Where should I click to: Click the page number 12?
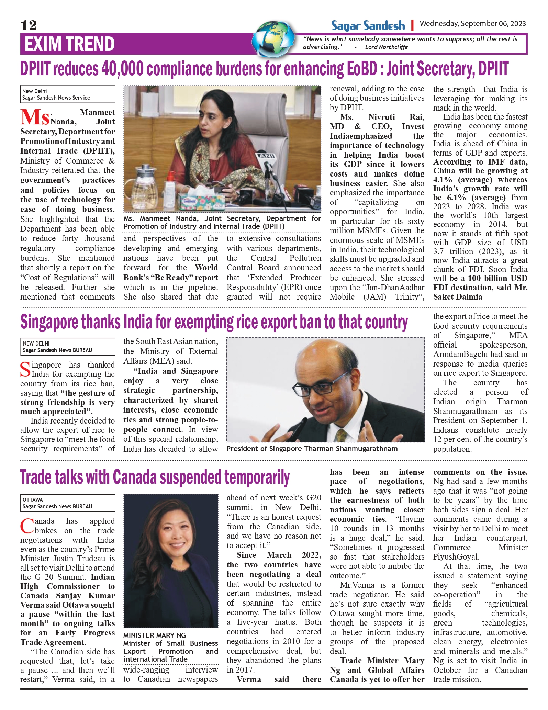click(x=29, y=25)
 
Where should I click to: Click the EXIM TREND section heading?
click(x=69, y=44)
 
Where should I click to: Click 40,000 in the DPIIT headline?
click(x=122, y=69)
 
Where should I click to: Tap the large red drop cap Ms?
click(x=35, y=117)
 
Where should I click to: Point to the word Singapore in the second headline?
click(x=70, y=322)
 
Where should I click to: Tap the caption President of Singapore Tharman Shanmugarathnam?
click(x=312, y=449)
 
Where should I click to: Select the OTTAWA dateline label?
click(x=33, y=500)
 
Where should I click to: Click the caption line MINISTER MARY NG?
click(x=154, y=635)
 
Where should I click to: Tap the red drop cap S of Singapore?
click(x=25, y=370)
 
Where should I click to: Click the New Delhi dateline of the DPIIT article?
click(x=34, y=91)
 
